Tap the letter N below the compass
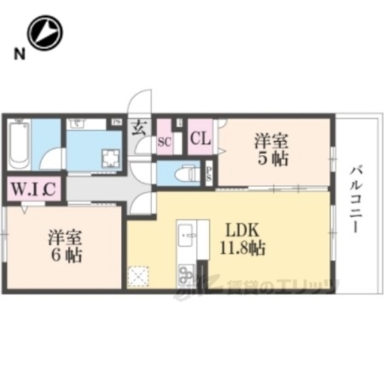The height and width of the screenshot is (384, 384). pyautogui.click(x=20, y=55)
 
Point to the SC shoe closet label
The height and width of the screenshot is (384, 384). pyautogui.click(x=164, y=142)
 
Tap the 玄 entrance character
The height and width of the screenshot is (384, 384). pyautogui.click(x=139, y=127)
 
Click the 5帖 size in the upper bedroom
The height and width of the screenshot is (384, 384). pyautogui.click(x=271, y=159)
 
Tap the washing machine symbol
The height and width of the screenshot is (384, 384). pyautogui.click(x=111, y=158)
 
